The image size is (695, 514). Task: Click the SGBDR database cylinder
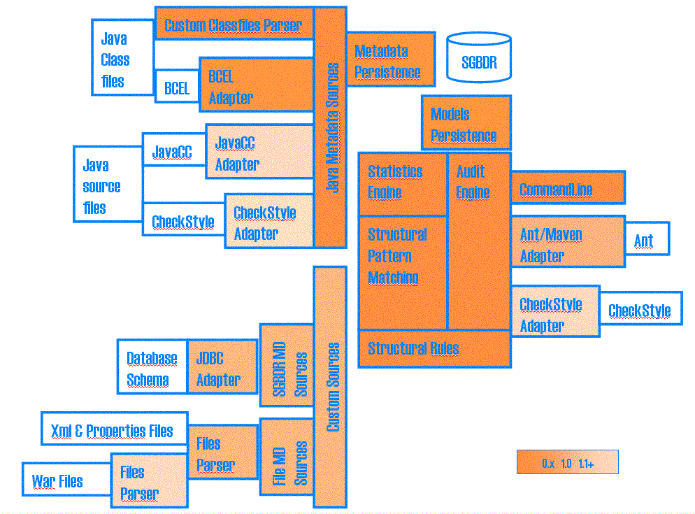click(479, 59)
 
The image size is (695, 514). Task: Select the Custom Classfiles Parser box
click(234, 24)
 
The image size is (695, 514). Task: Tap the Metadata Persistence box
click(388, 62)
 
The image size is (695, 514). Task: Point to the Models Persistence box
click(464, 124)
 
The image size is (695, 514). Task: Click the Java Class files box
click(122, 59)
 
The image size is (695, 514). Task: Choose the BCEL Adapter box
click(255, 87)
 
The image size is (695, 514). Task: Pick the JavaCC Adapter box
click(259, 153)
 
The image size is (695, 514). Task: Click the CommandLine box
click(566, 189)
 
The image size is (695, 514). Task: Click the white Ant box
click(645, 241)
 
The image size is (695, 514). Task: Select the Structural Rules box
click(434, 348)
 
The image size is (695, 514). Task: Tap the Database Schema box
click(152, 369)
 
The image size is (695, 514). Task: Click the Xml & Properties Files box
click(112, 430)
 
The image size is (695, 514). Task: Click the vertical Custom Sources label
click(332, 386)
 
